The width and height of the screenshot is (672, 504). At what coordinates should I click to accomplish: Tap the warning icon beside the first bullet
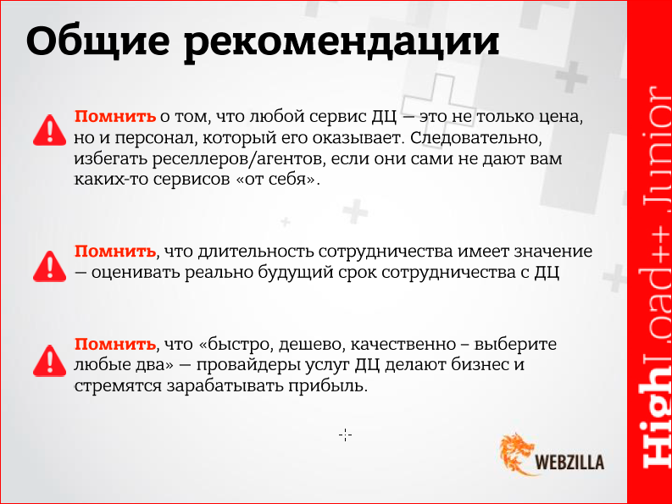(49, 129)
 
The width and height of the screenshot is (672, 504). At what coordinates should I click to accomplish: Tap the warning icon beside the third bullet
(49, 358)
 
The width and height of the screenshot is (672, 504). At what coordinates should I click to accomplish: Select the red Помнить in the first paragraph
(115, 116)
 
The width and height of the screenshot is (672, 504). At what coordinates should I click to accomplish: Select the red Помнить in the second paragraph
(115, 252)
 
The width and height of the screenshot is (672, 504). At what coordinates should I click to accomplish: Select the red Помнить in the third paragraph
(115, 345)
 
